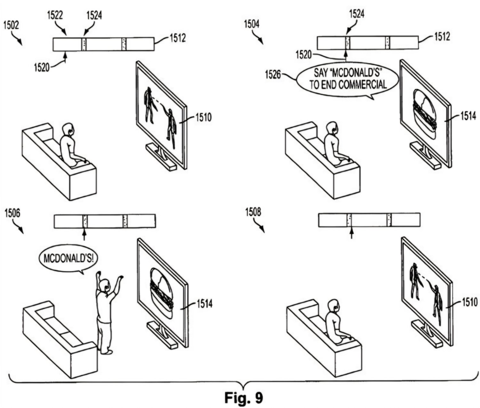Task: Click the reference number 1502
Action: pos(11,25)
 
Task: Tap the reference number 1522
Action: pos(55,15)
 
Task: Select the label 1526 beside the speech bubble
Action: pos(273,76)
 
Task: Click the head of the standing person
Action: pos(104,285)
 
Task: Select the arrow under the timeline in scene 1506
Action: pos(84,235)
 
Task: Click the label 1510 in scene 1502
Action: pos(203,117)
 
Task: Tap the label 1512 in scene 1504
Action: pos(442,36)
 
